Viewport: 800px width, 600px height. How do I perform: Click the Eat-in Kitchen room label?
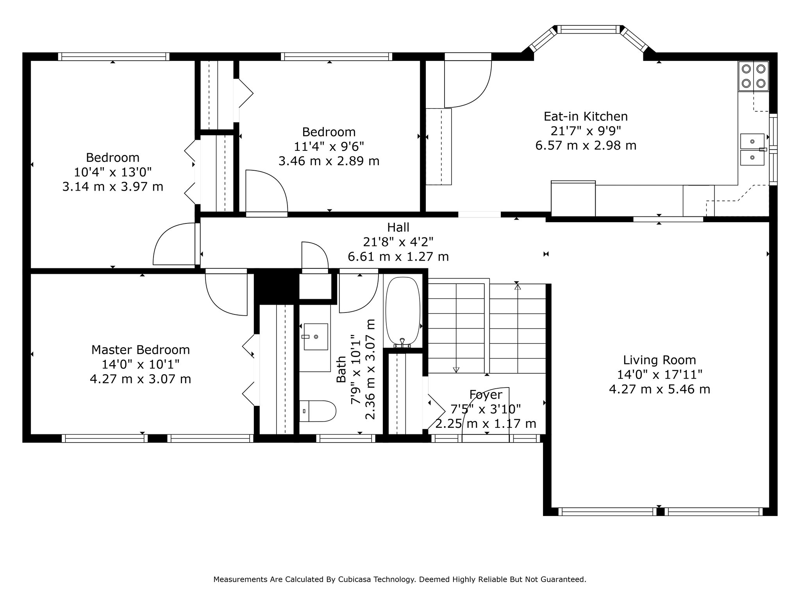(x=586, y=116)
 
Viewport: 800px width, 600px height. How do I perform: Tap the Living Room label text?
(x=659, y=360)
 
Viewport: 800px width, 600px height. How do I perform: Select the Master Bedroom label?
(x=141, y=350)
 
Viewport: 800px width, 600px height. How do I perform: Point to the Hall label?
(x=398, y=227)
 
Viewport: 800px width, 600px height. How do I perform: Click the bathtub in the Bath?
(x=403, y=311)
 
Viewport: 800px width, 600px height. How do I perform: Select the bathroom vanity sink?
(x=316, y=336)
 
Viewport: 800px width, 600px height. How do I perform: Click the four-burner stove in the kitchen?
(x=753, y=76)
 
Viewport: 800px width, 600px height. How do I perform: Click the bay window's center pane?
(x=588, y=29)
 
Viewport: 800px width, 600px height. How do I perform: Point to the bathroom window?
(x=346, y=438)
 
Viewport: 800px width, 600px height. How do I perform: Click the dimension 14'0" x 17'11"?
(x=659, y=375)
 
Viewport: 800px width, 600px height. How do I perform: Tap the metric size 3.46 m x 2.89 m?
(x=329, y=161)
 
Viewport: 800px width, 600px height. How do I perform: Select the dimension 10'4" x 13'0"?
(x=112, y=172)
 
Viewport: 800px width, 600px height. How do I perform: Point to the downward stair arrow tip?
(x=456, y=372)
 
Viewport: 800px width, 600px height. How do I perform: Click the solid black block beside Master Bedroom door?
(x=277, y=286)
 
